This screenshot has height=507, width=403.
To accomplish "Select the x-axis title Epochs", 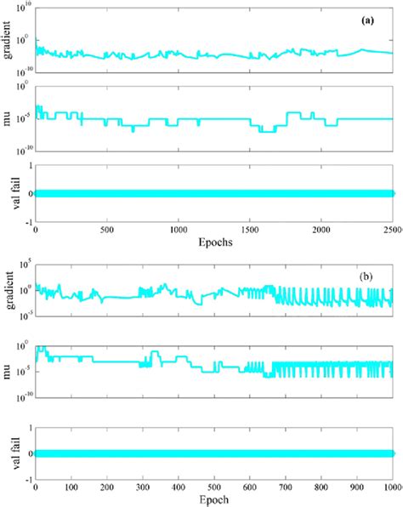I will coord(212,241).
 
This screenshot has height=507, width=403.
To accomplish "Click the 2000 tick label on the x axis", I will coord(321,231).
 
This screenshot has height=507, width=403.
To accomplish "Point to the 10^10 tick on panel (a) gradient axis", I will coord(25,8).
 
